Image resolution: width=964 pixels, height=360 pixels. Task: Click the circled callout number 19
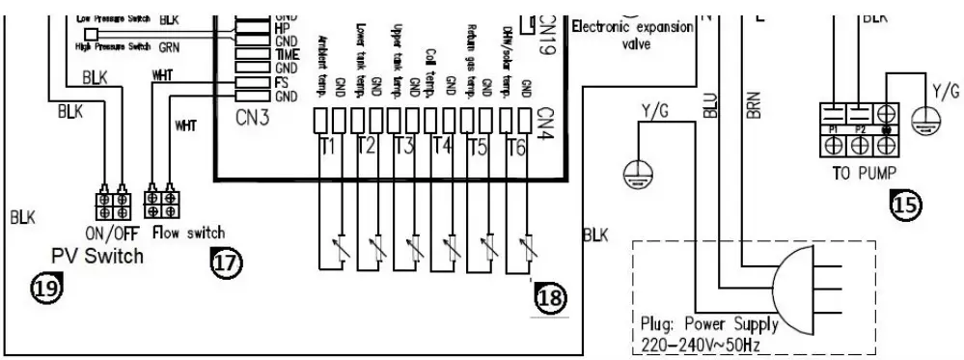(46, 287)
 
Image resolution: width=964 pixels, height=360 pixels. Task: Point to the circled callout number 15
(905, 205)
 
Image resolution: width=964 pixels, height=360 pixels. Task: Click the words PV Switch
(96, 256)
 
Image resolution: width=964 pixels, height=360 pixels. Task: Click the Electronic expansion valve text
(632, 34)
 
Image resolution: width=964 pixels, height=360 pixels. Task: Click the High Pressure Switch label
(114, 46)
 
